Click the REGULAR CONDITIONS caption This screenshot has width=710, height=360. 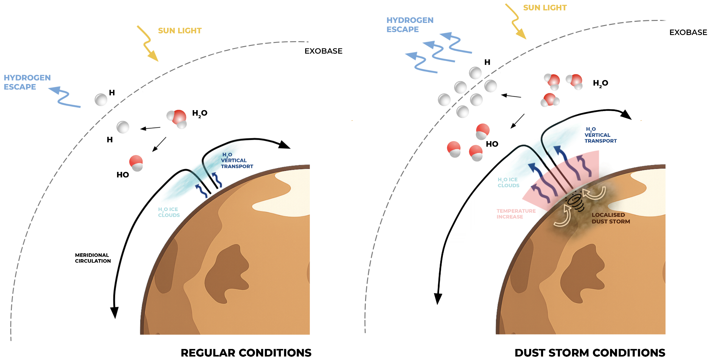pos(246,353)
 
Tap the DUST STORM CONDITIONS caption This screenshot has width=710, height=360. pos(590,353)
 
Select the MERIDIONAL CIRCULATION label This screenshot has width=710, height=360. pos(93,258)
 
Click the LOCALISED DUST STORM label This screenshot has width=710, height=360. pos(611,218)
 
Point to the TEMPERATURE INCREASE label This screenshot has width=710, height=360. pos(516,214)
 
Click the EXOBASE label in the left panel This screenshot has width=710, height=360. pos(323,51)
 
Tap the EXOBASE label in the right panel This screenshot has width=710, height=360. pos(688,32)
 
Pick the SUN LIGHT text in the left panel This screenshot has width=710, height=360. pos(180,31)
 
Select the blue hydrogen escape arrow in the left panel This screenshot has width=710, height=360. pos(64,97)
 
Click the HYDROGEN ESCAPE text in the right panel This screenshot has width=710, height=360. pos(410,25)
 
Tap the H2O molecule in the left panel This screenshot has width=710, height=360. pos(177,118)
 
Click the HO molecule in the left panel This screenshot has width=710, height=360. pos(136,163)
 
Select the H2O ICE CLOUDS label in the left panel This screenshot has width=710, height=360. pos(169,212)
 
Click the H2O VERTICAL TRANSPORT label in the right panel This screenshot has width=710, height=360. pos(600,135)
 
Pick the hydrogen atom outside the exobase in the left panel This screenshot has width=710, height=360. pos(101,100)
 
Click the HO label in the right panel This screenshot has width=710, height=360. pos(492,144)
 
